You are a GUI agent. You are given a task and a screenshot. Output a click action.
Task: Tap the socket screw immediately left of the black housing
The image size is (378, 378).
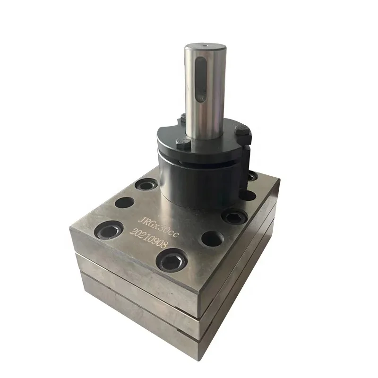[x=145, y=185]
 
